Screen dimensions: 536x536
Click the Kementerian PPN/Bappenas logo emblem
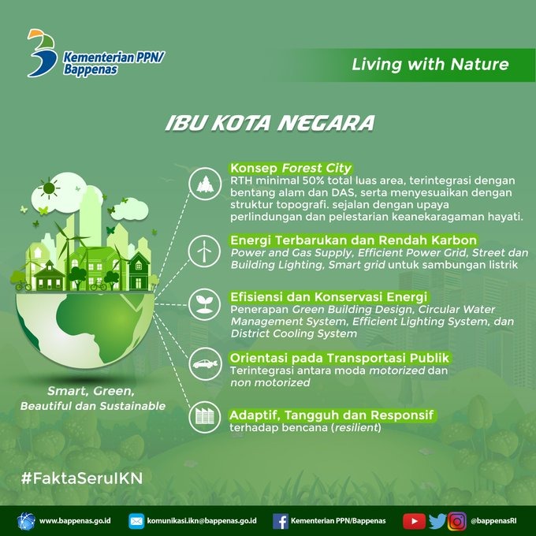[x=42, y=53]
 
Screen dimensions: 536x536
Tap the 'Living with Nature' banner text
[x=430, y=65]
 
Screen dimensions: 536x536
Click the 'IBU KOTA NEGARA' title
[x=270, y=123]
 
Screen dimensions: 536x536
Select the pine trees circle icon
[x=205, y=184]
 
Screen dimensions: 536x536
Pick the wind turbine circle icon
[x=204, y=251]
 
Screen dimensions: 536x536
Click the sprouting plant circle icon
[x=204, y=304]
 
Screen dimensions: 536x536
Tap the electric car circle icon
[x=205, y=363]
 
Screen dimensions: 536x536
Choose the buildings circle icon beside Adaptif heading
[x=205, y=417]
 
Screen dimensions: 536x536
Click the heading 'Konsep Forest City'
[x=291, y=168]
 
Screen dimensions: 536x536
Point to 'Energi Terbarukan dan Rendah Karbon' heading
[x=353, y=240]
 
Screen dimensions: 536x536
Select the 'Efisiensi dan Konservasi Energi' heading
[x=329, y=296]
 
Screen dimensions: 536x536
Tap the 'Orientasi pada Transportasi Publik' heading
[x=340, y=358]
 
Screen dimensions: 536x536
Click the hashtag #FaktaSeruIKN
[x=82, y=478]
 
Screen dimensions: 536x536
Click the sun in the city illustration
[x=49, y=188]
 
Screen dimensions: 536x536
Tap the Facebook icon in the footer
[x=281, y=521]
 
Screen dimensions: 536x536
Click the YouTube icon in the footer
[x=414, y=521]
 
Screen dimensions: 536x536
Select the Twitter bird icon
[x=437, y=521]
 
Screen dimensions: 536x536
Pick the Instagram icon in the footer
[x=457, y=521]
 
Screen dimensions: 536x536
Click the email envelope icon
[x=136, y=521]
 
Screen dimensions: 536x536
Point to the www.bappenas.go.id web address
[x=75, y=521]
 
